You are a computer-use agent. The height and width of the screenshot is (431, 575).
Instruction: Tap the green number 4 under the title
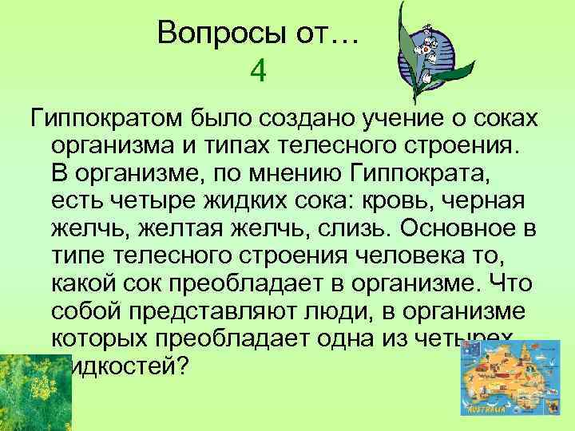pos(257,72)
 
